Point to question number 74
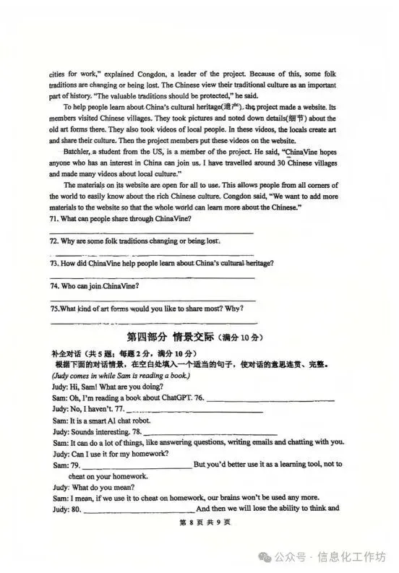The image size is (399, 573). pos(54,285)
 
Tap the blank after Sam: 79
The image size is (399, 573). pos(137,465)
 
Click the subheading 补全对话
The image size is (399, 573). pos(67,353)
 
